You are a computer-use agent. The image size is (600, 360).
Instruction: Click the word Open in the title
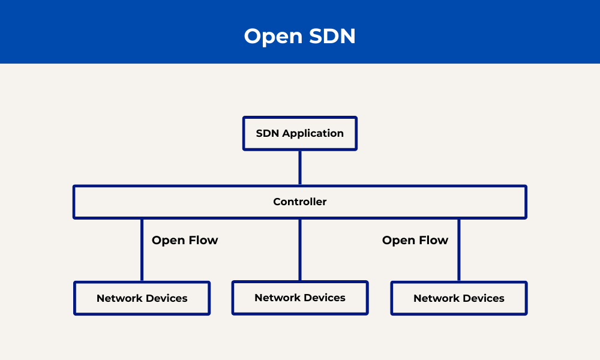click(273, 37)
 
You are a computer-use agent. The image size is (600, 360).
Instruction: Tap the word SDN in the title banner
click(332, 36)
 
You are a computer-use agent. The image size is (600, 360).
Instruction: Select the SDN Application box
click(300, 134)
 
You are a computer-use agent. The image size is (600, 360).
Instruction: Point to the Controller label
click(300, 202)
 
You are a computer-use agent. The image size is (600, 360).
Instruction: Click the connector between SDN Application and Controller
click(300, 168)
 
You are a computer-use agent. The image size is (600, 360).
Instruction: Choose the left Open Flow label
click(185, 241)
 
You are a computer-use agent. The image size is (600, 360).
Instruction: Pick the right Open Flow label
click(415, 241)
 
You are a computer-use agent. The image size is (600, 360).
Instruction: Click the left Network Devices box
click(142, 298)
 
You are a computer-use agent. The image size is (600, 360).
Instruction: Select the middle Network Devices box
click(300, 298)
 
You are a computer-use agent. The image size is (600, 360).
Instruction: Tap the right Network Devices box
click(459, 298)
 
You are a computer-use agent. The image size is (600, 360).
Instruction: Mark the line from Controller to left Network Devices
click(142, 250)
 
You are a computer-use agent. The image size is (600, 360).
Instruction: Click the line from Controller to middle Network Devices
click(300, 250)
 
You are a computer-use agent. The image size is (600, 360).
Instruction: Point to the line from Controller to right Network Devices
click(459, 250)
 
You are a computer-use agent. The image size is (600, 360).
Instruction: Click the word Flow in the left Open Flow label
click(203, 240)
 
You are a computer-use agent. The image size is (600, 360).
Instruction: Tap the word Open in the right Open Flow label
click(398, 241)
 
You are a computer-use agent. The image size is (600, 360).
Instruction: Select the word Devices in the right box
click(483, 298)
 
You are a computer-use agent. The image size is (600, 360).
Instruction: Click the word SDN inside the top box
click(267, 133)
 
